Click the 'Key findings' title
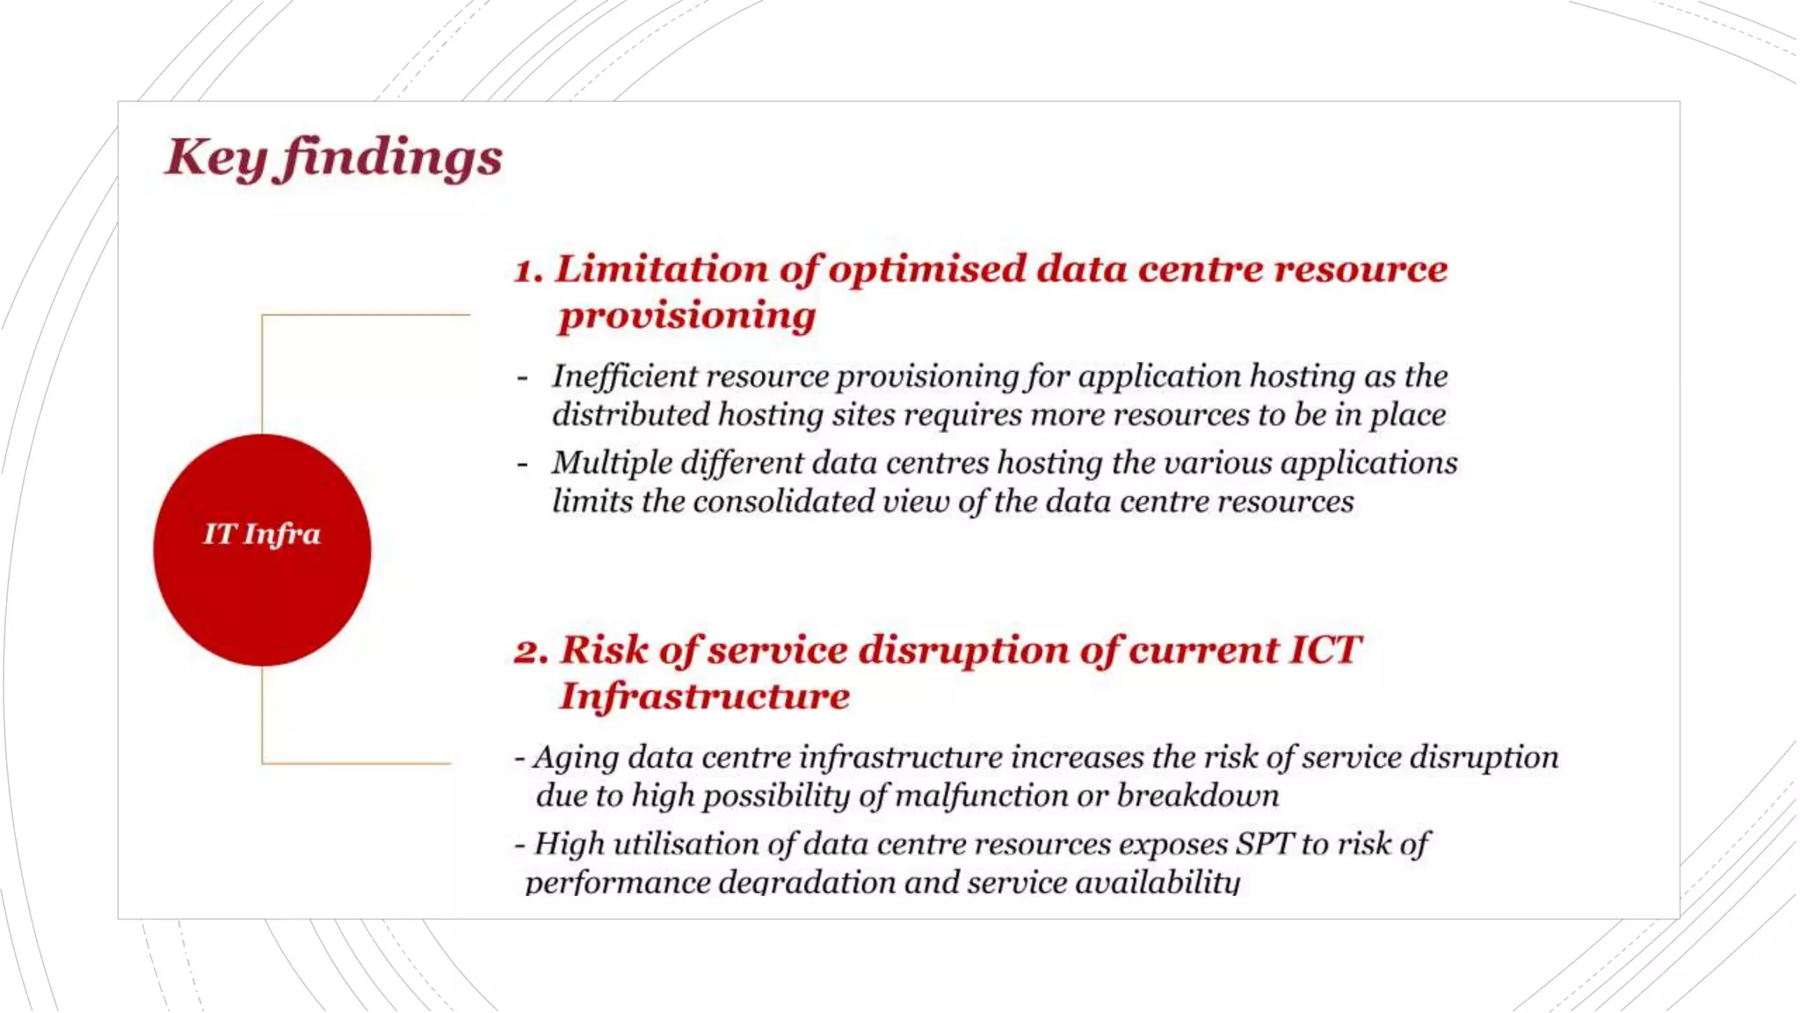(x=334, y=158)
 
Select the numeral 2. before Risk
(x=532, y=652)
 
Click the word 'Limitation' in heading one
(x=661, y=269)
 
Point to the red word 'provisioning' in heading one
(x=687, y=316)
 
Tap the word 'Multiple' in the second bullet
(x=609, y=463)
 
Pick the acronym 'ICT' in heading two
(x=1325, y=651)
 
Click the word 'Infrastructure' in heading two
(x=705, y=696)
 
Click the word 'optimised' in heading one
(x=926, y=269)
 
